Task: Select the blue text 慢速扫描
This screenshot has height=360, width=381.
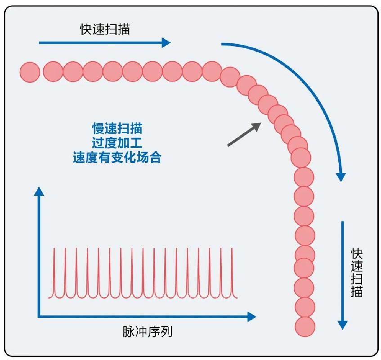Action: pyautogui.click(x=117, y=129)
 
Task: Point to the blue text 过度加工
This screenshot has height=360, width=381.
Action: pyautogui.click(x=117, y=143)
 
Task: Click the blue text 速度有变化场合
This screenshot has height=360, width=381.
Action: pyautogui.click(x=117, y=158)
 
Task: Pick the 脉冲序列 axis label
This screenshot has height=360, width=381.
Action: pyautogui.click(x=148, y=332)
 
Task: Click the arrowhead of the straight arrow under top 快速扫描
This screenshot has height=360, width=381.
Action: pyautogui.click(x=166, y=43)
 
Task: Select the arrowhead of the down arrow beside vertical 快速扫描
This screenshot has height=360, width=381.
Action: pyautogui.click(x=343, y=324)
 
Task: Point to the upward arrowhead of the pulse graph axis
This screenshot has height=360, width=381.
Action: pyautogui.click(x=39, y=191)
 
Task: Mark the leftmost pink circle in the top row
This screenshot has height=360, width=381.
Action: pyautogui.click(x=30, y=72)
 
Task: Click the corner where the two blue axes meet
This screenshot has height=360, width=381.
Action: pyautogui.click(x=39, y=317)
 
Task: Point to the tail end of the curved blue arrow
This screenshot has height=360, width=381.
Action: pyautogui.click(x=222, y=44)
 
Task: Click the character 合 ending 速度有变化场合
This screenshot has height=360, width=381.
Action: pyautogui.click(x=155, y=158)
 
